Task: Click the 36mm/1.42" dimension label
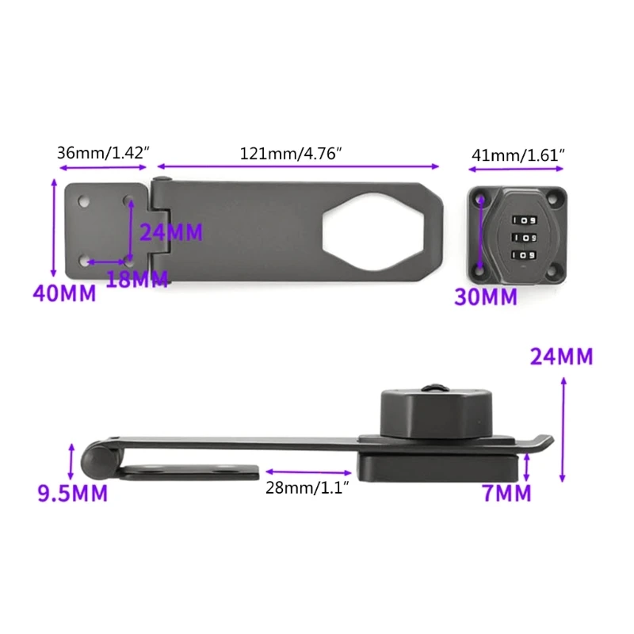[103, 153]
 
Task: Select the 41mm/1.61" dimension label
[518, 155]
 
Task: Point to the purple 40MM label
[64, 293]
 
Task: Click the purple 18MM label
[137, 279]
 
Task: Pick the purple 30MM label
[485, 297]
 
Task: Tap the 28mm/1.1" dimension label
[307, 488]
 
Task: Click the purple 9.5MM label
[73, 494]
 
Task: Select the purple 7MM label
[506, 494]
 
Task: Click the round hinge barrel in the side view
[99, 456]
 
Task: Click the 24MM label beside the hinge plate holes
[171, 232]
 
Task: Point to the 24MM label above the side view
[561, 357]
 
